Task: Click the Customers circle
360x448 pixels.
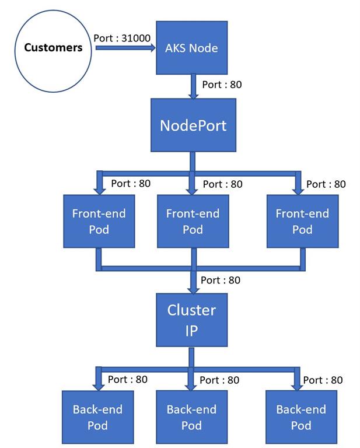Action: point(53,48)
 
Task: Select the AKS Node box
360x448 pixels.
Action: point(191,48)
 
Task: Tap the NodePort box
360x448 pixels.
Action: point(193,125)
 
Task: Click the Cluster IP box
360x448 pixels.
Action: point(191,320)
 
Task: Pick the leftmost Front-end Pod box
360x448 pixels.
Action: point(99,221)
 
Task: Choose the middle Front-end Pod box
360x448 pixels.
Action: point(193,221)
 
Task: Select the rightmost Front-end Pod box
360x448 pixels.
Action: point(302,221)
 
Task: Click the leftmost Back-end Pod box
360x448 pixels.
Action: point(98,417)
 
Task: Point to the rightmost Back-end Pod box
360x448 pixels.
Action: point(301,417)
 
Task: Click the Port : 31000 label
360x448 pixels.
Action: point(122,38)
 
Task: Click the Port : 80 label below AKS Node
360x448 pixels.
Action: point(222,85)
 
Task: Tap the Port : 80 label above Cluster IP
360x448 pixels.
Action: point(221,280)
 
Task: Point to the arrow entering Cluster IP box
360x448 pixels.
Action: point(193,286)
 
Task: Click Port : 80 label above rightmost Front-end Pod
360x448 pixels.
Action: point(326,184)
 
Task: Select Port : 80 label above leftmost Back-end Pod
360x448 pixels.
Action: point(128,380)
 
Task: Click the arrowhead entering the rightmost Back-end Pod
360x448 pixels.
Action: point(299,386)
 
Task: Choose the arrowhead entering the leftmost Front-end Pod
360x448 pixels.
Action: point(99,189)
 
